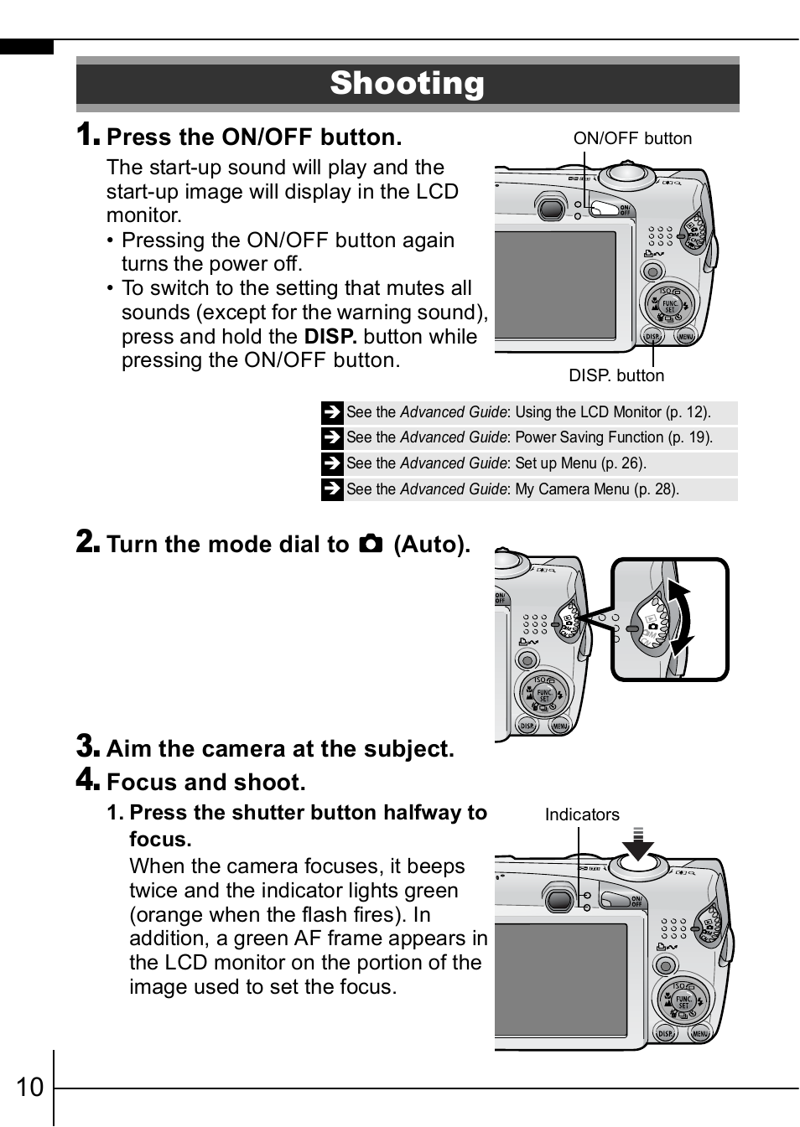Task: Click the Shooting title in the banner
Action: coord(407,83)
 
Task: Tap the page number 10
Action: coord(29,1087)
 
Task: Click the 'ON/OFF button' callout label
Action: coord(632,138)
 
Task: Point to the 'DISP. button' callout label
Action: coord(616,375)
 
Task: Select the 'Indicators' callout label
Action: coord(582,814)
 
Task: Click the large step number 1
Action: coord(88,134)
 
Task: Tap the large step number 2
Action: coord(88,541)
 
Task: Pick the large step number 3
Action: coord(88,746)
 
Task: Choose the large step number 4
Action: coord(88,779)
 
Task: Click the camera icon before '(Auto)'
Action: coord(371,544)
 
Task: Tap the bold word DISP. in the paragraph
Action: coord(330,337)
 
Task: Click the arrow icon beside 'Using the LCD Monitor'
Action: coord(332,412)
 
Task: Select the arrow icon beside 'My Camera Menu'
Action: coord(332,489)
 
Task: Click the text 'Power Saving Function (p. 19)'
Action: coord(614,437)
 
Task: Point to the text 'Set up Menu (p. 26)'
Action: coord(580,463)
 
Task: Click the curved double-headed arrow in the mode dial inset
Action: coord(680,618)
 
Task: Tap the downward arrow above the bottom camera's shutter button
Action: coord(639,845)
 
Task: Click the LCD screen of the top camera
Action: coord(555,286)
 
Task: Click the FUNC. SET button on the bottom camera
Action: coord(683,1000)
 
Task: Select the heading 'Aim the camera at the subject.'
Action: coord(280,749)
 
